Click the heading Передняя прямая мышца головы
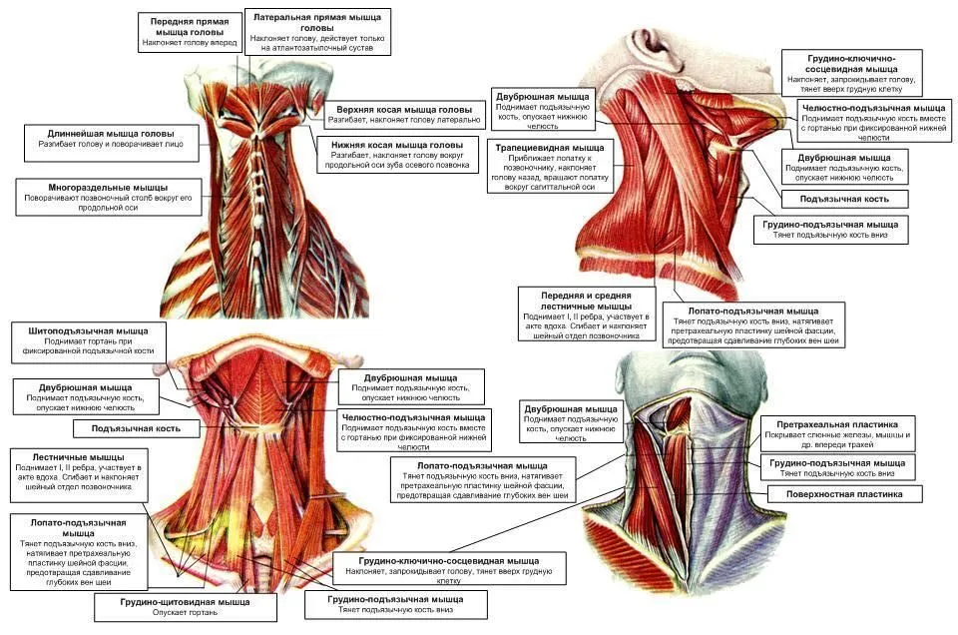(x=190, y=26)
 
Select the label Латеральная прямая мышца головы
(x=317, y=22)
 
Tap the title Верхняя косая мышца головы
(x=404, y=110)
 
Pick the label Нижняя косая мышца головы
(x=397, y=146)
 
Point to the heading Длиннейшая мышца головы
(x=111, y=133)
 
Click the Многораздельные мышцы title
(x=108, y=188)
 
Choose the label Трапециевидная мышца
(x=550, y=148)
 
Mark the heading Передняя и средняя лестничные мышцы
(x=586, y=301)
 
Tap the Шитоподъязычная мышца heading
(x=88, y=330)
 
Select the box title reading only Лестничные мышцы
(x=78, y=457)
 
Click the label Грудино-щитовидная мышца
(x=186, y=602)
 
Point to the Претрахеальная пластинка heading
(x=837, y=424)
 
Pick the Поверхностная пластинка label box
(x=844, y=494)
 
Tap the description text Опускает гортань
(x=186, y=612)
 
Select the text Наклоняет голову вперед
(x=190, y=43)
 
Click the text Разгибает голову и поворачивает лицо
(x=111, y=144)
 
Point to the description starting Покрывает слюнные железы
(x=837, y=440)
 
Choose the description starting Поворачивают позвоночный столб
(x=108, y=203)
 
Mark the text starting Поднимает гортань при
(x=88, y=346)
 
